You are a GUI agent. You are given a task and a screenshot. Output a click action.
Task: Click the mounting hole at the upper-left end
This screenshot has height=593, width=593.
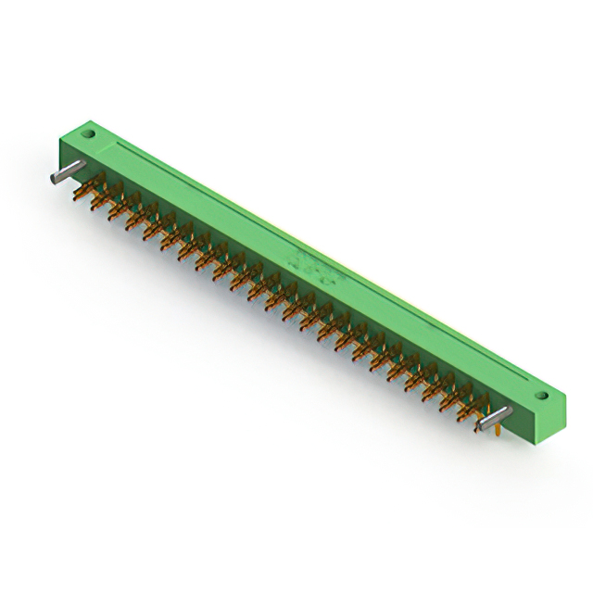tap(91, 134)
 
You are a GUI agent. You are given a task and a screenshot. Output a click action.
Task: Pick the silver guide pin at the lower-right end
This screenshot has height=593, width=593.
tap(495, 416)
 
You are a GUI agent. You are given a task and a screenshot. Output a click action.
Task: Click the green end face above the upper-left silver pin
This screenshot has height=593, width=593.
tap(74, 153)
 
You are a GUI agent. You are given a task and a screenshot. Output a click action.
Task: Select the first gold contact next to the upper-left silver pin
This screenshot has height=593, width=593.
tap(93, 189)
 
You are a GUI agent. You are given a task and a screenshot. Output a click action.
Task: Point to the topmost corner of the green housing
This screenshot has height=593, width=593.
tap(93, 120)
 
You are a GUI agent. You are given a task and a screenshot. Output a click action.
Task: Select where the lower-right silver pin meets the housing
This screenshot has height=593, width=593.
tap(508, 410)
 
